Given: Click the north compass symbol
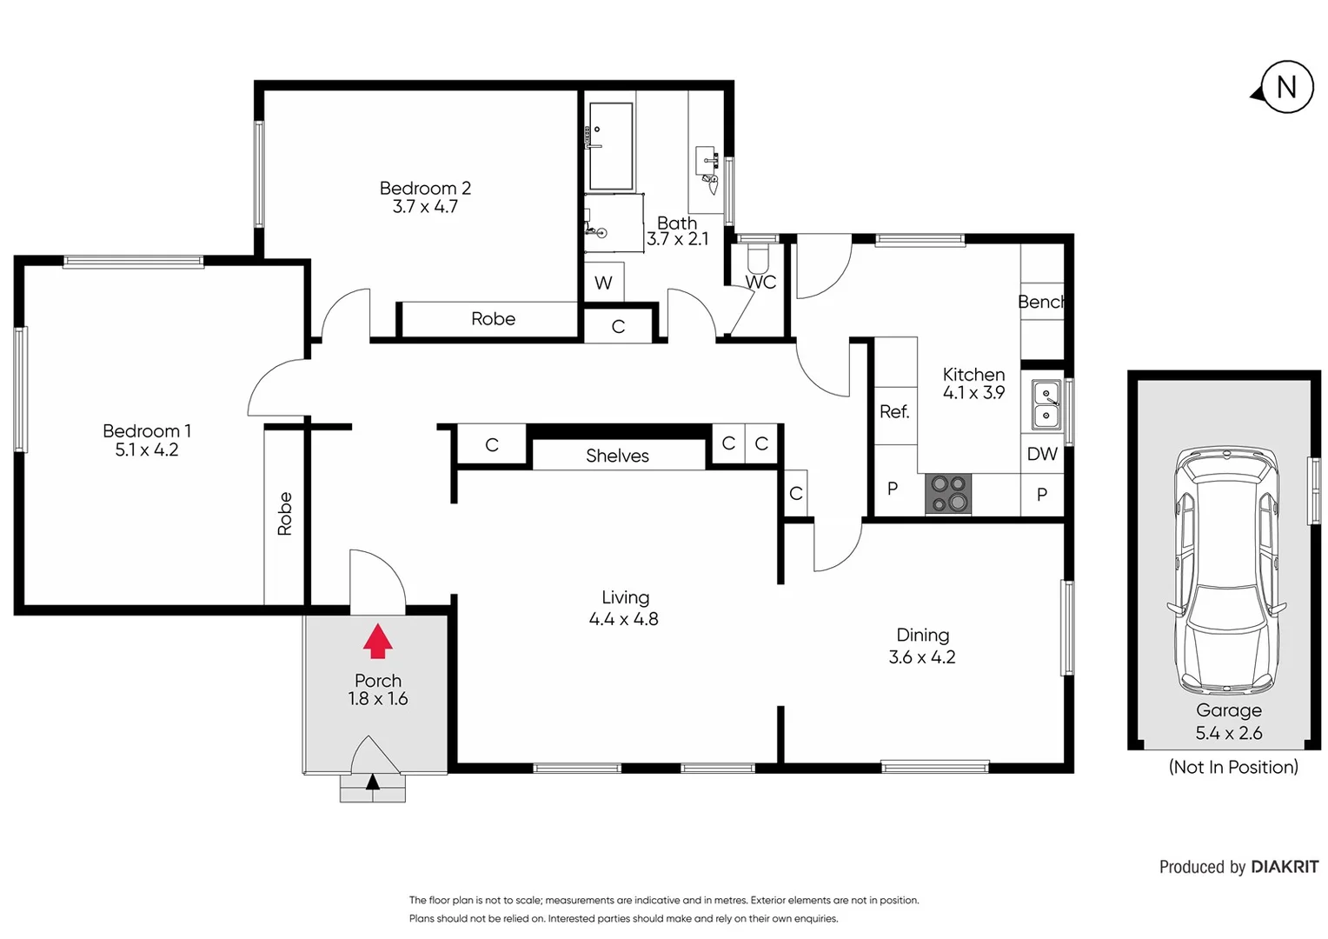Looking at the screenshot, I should click(x=1285, y=87).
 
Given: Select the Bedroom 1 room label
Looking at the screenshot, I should click(x=146, y=430).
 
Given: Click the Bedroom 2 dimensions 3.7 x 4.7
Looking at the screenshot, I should click(x=425, y=207).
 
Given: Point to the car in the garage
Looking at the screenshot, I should click(x=1227, y=569).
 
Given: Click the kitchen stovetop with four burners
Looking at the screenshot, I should click(x=948, y=494).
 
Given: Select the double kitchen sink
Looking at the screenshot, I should click(x=1046, y=404).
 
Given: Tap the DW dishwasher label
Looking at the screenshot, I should click(x=1042, y=454).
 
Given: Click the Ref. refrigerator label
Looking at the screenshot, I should click(x=894, y=412).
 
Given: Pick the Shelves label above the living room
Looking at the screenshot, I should click(x=617, y=456).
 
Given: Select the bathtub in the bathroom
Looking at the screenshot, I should click(x=611, y=146).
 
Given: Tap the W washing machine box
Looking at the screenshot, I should click(x=603, y=283).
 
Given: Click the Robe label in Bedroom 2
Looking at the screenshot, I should click(x=493, y=319).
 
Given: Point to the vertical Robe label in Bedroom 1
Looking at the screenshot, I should click(x=284, y=513).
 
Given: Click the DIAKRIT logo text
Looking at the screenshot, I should click(x=1285, y=867).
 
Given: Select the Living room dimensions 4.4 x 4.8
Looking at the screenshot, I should click(x=623, y=619).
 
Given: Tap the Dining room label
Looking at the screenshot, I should click(x=922, y=636).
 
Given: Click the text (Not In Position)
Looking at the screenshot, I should click(x=1232, y=767).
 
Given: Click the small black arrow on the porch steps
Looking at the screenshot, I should click(x=373, y=782).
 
